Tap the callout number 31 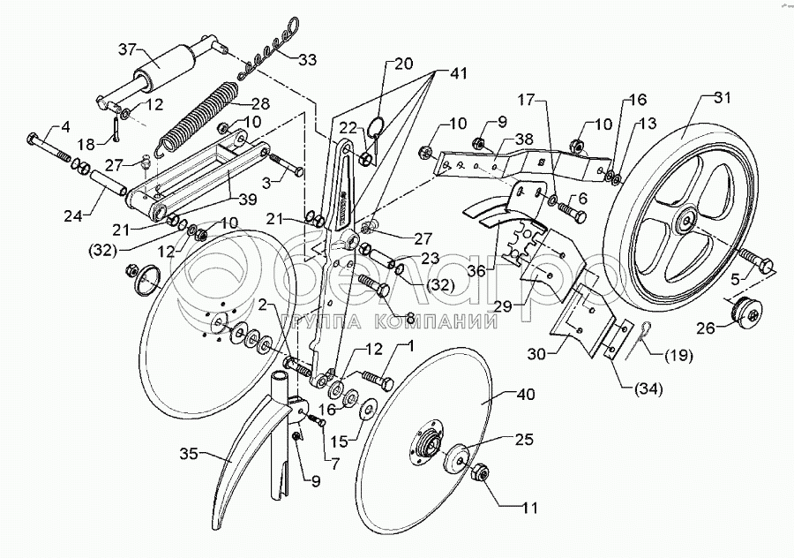723,97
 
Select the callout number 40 526,394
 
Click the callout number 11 528,508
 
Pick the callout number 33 307,60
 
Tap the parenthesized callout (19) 678,356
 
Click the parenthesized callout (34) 649,389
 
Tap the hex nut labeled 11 480,473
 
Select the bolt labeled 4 49,147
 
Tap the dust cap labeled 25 455,460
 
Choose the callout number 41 458,74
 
